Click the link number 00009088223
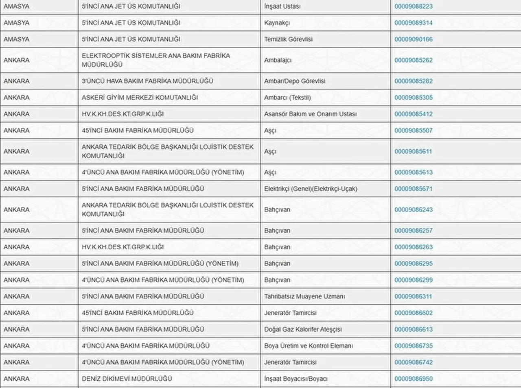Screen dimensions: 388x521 click(x=413, y=7)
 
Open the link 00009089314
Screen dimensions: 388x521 click(x=413, y=23)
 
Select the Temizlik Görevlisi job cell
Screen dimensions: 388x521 click(x=288, y=39)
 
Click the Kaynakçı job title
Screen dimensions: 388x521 click(x=277, y=23)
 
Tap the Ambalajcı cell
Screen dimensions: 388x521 click(x=278, y=60)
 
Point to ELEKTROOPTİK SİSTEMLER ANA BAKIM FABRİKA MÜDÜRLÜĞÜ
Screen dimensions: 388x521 click(x=156, y=60)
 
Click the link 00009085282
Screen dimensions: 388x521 click(x=413, y=81)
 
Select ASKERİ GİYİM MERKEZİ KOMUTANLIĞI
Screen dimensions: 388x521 click(x=140, y=98)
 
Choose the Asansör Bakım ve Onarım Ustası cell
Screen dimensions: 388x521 click(x=310, y=114)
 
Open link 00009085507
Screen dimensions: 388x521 click(x=413, y=131)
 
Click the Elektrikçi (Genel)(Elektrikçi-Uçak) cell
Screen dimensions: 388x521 click(x=311, y=189)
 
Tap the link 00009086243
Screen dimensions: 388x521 click(x=413, y=210)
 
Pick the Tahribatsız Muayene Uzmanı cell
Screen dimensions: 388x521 click(x=304, y=296)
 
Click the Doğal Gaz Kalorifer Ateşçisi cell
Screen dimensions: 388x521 click(x=303, y=329)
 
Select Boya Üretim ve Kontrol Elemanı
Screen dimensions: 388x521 click(x=308, y=346)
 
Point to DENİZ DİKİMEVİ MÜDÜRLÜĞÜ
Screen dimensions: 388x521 click(x=127, y=379)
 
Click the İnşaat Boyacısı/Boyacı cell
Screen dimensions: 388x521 click(x=296, y=379)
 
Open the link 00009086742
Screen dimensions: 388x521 click(x=413, y=362)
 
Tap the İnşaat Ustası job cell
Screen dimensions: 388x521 click(x=282, y=7)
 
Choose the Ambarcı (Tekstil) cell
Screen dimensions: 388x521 click(x=287, y=98)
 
